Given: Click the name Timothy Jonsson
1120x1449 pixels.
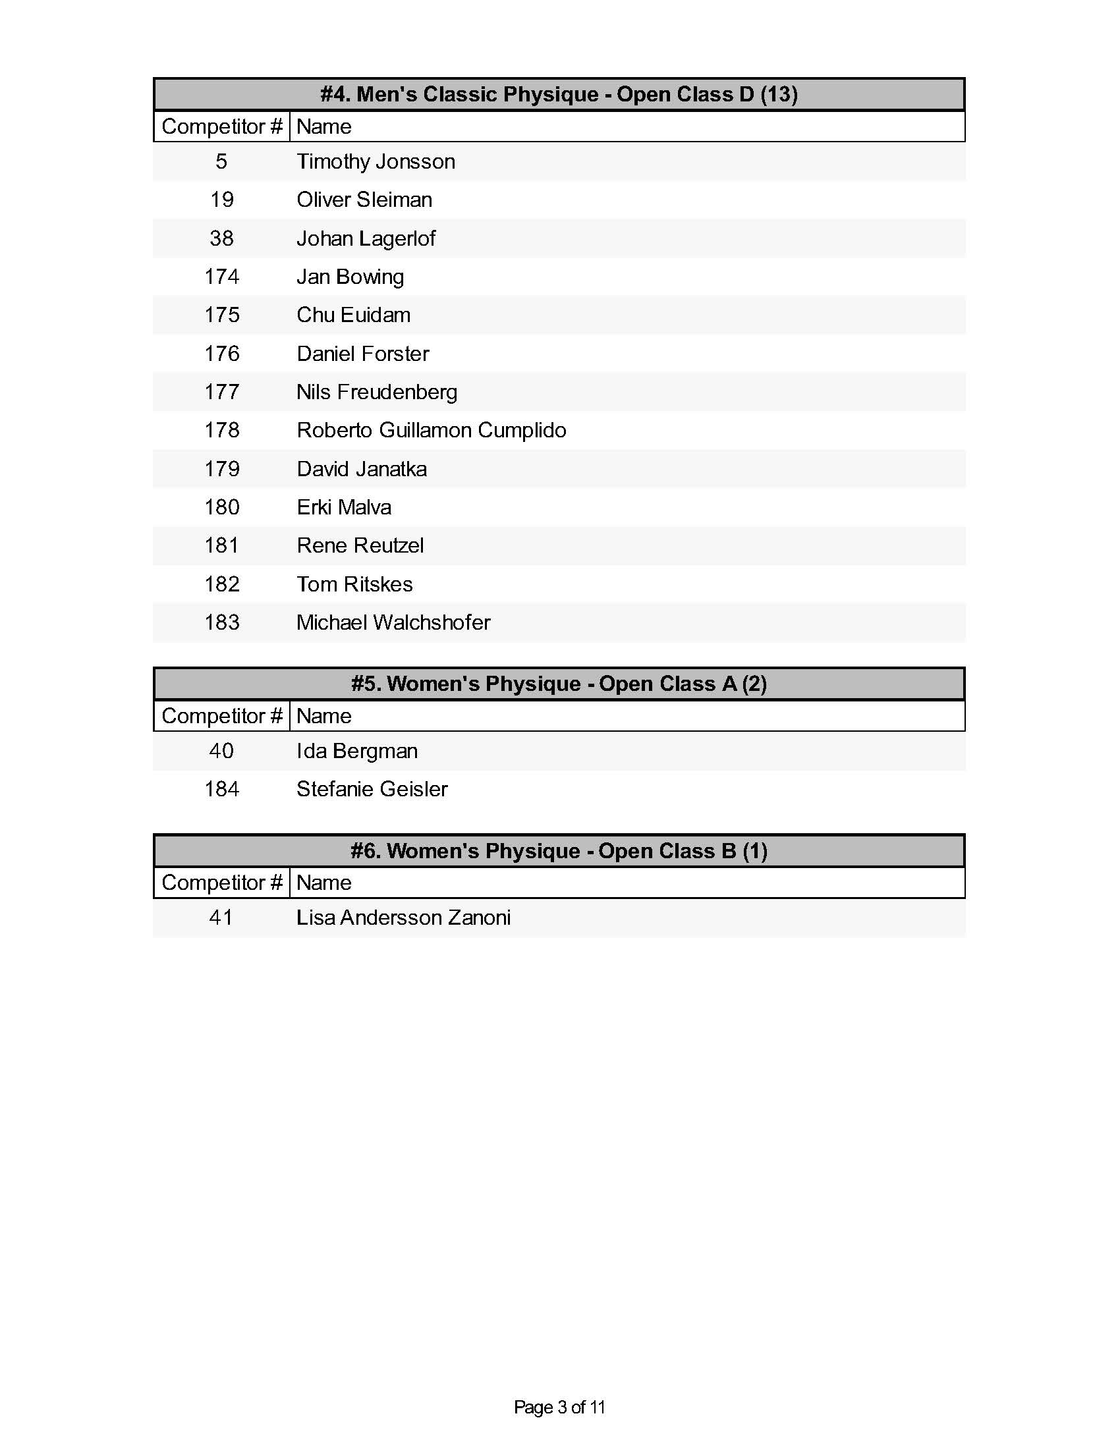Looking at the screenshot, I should coord(376,161).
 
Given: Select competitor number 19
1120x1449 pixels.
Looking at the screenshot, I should coord(221,200).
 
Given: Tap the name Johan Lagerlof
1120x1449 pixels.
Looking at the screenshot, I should coord(366,238).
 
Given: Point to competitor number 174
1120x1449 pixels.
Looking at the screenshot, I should coord(221,277).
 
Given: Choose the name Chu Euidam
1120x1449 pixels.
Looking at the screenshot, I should coord(353,315).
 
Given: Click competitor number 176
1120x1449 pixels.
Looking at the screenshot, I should coord(221,354).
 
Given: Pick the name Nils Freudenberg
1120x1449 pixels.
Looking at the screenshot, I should coord(376,392).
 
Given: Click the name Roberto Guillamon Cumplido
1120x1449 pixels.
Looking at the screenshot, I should coord(432,431).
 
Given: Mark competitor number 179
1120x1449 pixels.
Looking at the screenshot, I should coord(221,469).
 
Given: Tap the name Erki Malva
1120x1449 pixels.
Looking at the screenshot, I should coord(344,508).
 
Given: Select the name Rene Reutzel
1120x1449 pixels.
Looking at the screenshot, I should coord(360,545).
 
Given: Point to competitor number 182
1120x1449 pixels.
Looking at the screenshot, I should coord(221,584).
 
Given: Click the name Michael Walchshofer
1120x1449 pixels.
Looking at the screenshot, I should coord(393,622).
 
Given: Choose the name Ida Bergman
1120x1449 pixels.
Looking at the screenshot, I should coord(357,751).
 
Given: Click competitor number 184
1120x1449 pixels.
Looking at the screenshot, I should coord(221,789).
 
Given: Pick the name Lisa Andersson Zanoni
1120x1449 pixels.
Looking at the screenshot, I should coord(403,917).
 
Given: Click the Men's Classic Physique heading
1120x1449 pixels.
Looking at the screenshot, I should coord(559,94).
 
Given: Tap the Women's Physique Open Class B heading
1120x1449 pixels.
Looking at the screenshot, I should coord(559,850).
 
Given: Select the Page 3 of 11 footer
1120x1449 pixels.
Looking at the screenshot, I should coord(559,1408).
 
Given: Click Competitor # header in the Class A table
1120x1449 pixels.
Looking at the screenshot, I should coord(221,716).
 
